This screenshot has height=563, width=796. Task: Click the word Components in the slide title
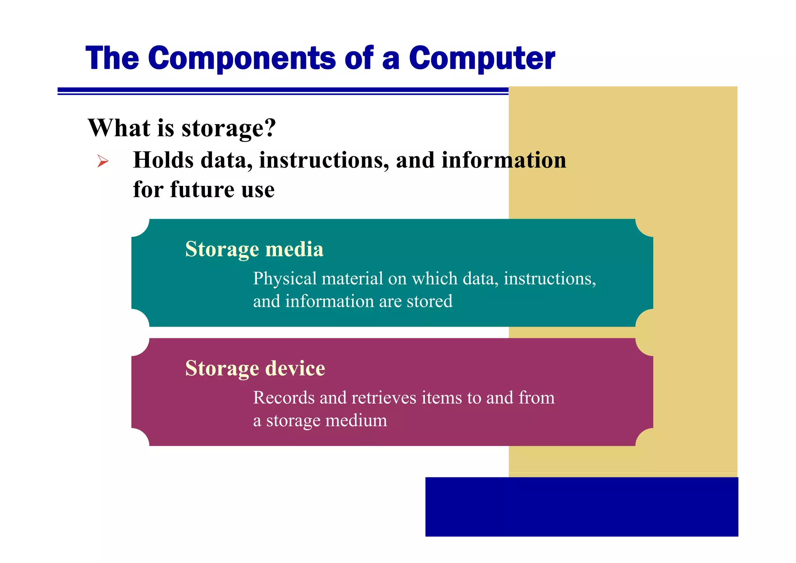coord(241,58)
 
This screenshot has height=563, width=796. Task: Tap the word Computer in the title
coord(482,59)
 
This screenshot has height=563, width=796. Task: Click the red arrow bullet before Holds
coord(103,161)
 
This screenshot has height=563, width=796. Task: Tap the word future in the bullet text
coord(202,190)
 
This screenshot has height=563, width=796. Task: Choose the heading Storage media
coord(254,249)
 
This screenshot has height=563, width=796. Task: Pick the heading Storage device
coord(255,368)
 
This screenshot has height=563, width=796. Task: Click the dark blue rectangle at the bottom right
coord(581,507)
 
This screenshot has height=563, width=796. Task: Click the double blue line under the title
coord(283,91)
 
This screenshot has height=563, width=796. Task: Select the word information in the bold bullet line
coord(504,160)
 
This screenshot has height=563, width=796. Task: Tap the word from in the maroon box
coord(536,398)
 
